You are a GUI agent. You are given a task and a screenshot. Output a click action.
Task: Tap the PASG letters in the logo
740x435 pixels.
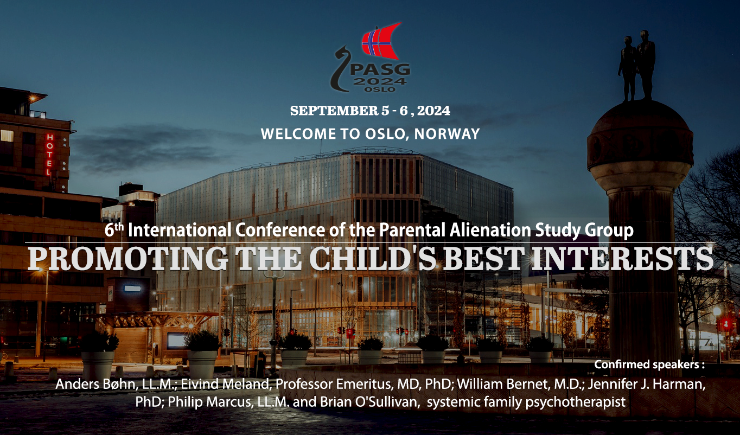click(380, 69)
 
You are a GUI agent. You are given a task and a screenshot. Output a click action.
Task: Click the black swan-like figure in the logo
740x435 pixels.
click(340, 69)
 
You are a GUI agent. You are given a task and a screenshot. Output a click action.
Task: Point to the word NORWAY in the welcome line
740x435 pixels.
click(447, 134)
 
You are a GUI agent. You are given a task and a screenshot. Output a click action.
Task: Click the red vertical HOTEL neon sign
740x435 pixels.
click(49, 154)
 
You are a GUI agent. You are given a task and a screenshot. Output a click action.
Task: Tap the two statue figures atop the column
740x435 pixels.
click(637, 66)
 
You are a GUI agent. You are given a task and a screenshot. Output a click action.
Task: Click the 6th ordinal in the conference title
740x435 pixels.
click(114, 229)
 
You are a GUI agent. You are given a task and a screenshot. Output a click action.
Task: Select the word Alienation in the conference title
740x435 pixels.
click(490, 230)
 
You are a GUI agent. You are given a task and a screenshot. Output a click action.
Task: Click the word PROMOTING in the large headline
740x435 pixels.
click(128, 259)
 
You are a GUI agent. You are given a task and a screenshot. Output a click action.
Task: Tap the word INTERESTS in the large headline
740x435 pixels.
click(623, 259)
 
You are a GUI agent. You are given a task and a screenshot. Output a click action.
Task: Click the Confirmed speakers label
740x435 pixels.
click(649, 364)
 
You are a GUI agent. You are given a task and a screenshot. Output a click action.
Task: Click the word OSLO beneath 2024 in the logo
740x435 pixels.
click(380, 89)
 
